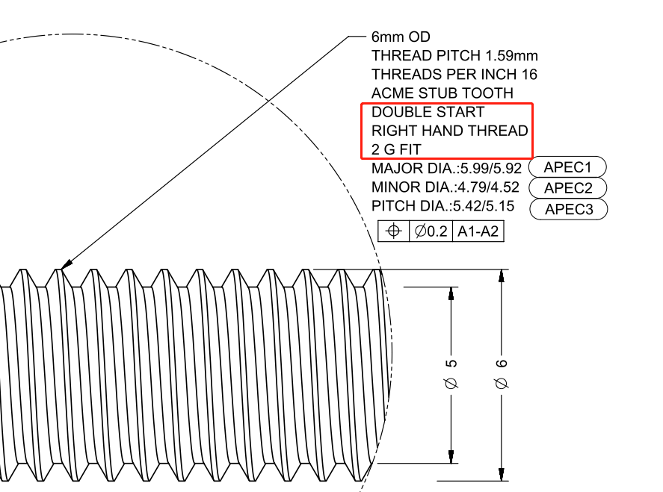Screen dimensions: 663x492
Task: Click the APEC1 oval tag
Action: [567, 166]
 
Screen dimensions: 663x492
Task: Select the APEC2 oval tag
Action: [568, 187]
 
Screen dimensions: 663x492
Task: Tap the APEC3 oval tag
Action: [569, 208]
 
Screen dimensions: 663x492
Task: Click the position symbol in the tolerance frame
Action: [394, 231]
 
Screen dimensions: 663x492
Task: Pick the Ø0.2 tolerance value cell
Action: [431, 231]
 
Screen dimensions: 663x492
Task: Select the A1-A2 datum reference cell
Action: [478, 231]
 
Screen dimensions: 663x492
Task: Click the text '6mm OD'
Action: [401, 37]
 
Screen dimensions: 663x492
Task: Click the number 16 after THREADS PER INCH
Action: [529, 75]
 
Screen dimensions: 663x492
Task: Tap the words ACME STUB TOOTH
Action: [442, 93]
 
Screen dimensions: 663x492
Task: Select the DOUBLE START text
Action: [428, 112]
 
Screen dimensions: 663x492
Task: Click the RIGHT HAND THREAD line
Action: [450, 131]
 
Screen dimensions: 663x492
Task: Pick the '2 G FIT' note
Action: [396, 149]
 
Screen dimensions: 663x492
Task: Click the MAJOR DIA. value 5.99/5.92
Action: [491, 168]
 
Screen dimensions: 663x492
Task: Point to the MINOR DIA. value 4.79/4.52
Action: [488, 187]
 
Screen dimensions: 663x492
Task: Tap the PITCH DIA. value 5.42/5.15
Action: [484, 205]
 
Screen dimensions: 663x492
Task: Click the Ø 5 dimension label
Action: [451, 374]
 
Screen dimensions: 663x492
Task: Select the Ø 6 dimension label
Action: [501, 374]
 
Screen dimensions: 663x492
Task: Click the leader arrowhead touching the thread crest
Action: [67, 264]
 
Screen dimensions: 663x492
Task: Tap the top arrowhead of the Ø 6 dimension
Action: [501, 275]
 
